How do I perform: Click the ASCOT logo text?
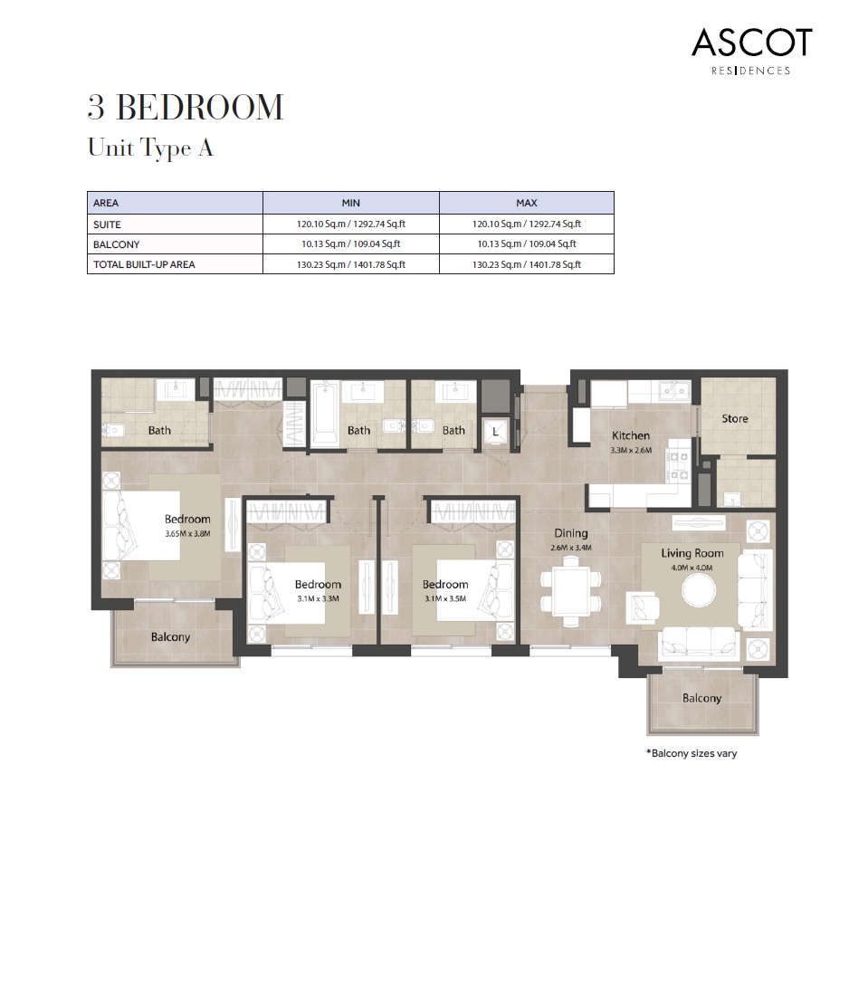pyautogui.click(x=751, y=43)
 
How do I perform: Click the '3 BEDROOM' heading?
pyautogui.click(x=186, y=108)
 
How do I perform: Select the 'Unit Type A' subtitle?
pyautogui.click(x=150, y=148)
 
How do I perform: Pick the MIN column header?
pyautogui.click(x=351, y=203)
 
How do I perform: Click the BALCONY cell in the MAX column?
pyautogui.click(x=526, y=244)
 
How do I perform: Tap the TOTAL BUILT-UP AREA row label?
pyautogui.click(x=145, y=265)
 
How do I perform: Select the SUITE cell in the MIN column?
pyautogui.click(x=351, y=224)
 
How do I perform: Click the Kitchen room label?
pyautogui.click(x=631, y=435)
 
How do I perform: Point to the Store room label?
pyautogui.click(x=734, y=419)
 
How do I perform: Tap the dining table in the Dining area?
pyautogui.click(x=570, y=589)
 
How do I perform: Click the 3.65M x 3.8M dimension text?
pyautogui.click(x=187, y=534)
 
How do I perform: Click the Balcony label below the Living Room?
pyautogui.click(x=701, y=698)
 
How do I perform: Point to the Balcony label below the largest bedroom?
pyautogui.click(x=170, y=636)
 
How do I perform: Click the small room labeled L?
pyautogui.click(x=495, y=432)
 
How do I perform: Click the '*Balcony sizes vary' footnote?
pyautogui.click(x=691, y=753)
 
